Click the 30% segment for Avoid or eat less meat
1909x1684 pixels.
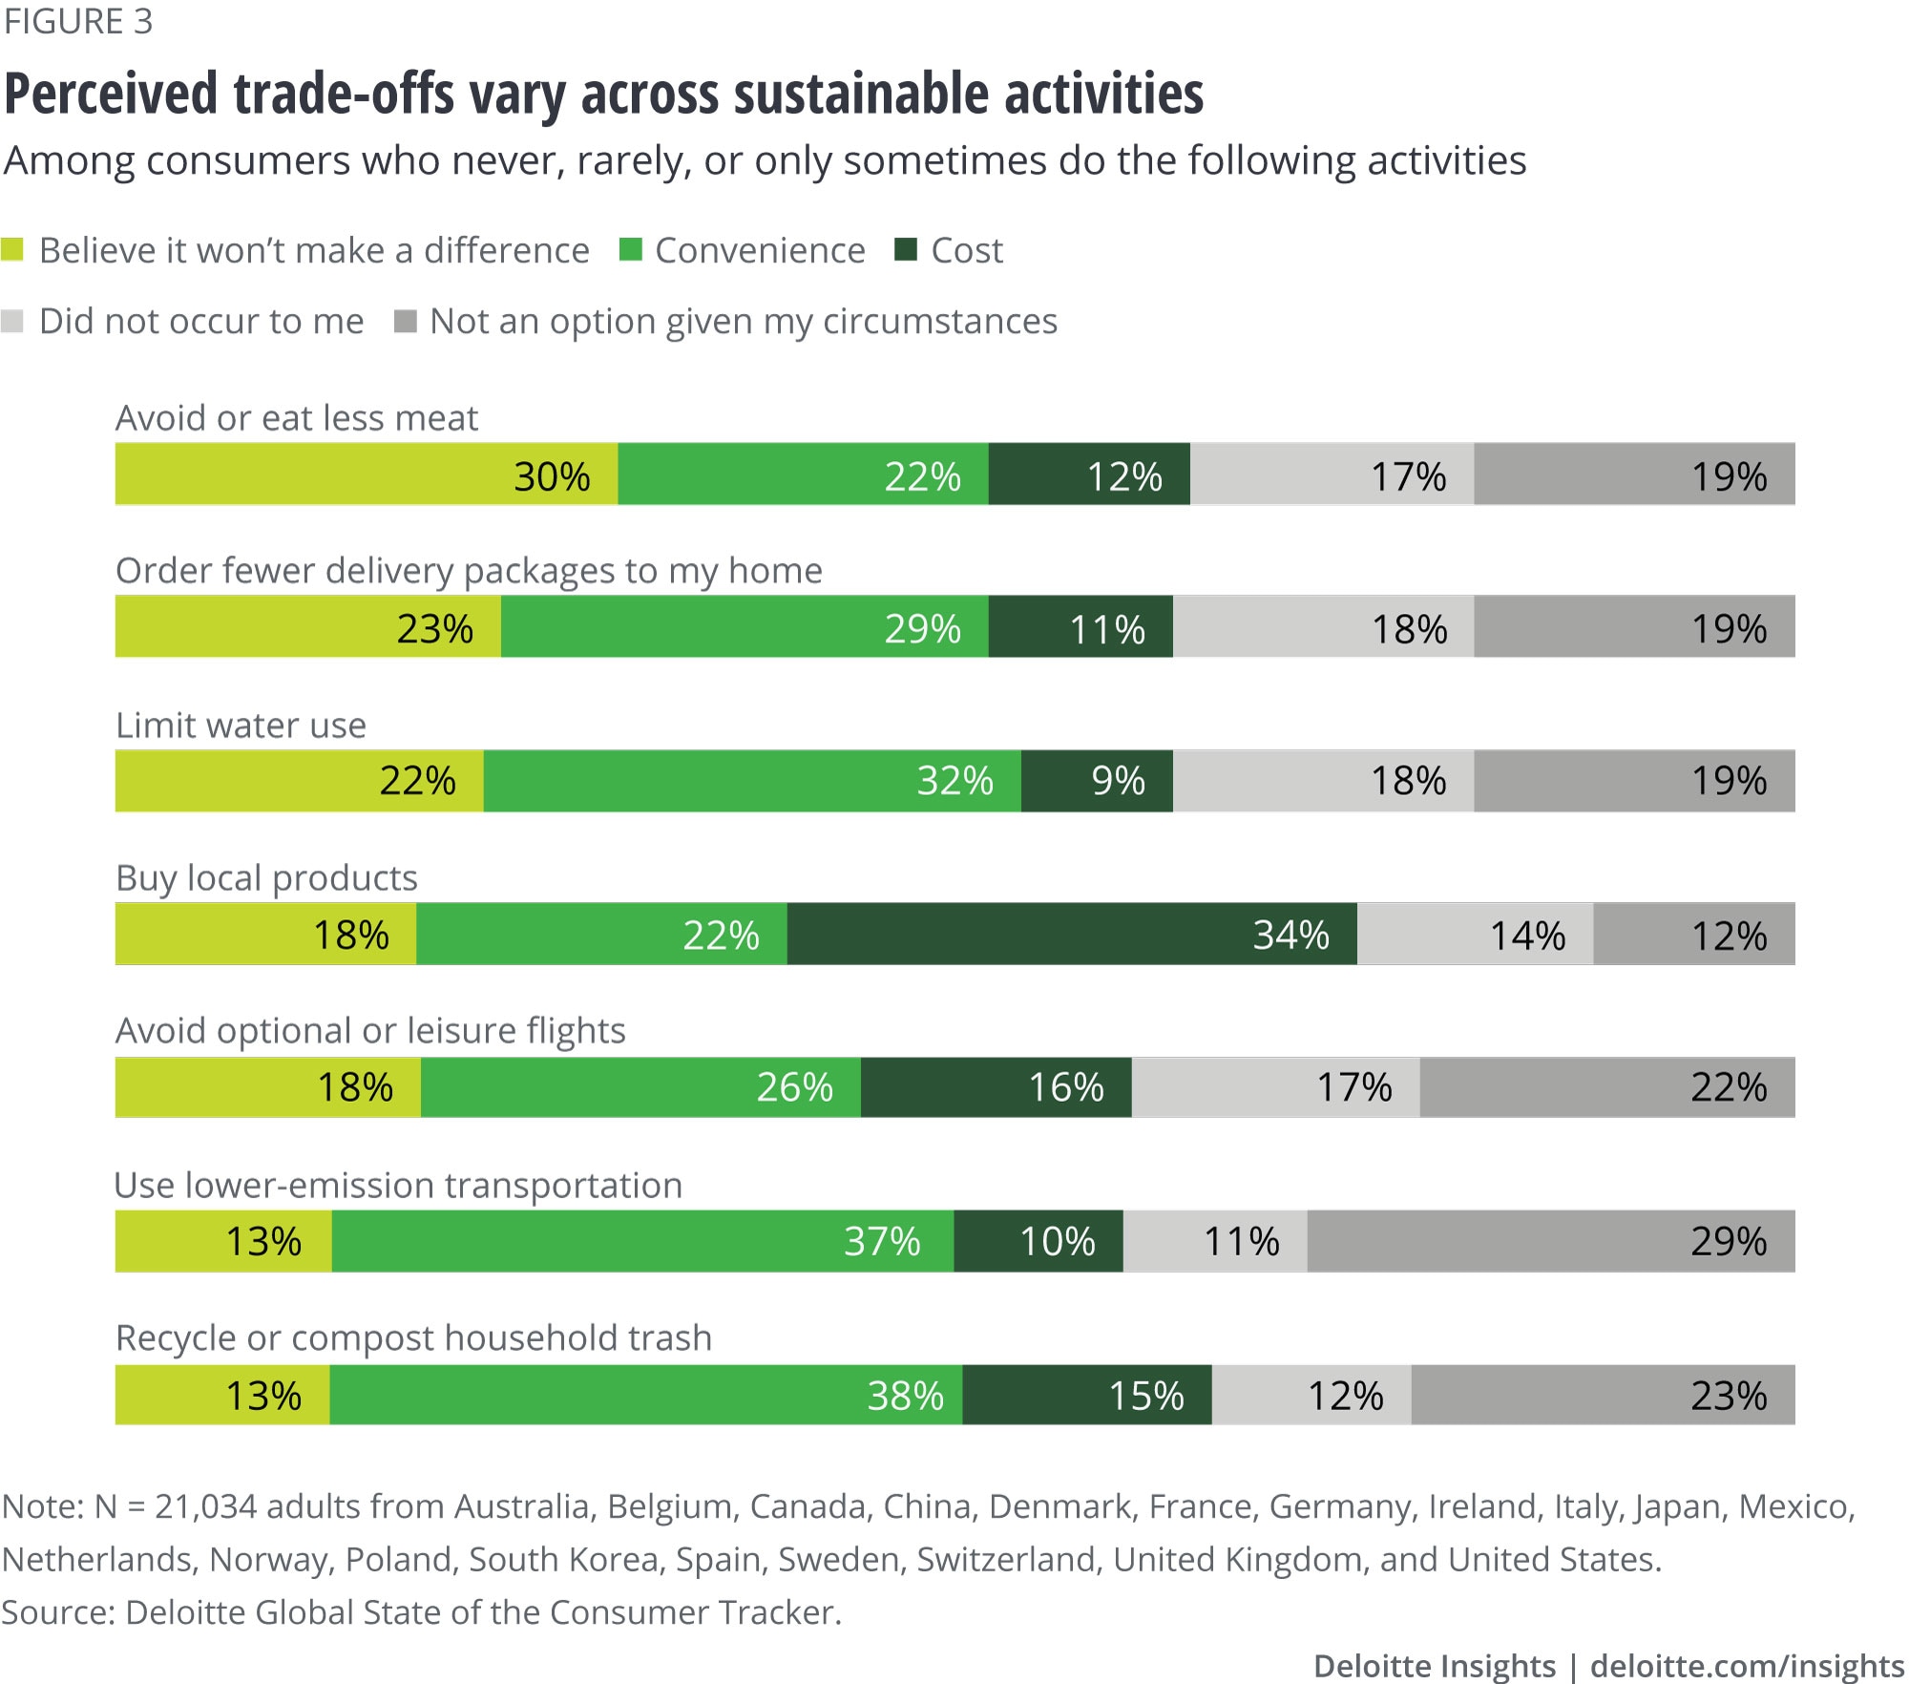[x=367, y=474]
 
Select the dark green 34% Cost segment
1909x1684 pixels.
[x=1072, y=935]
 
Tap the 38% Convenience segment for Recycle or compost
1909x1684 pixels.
[x=646, y=1395]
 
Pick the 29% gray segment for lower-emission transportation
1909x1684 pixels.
[x=1551, y=1241]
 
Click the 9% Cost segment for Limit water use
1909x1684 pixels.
[x=1097, y=781]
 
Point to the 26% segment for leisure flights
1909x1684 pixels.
[x=640, y=1087]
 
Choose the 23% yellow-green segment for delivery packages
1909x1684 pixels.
[x=308, y=627]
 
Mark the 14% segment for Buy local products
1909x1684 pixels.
[x=1475, y=935]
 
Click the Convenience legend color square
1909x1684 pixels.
[x=630, y=250]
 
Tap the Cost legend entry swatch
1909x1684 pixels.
[x=906, y=250]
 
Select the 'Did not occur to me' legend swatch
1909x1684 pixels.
[x=12, y=321]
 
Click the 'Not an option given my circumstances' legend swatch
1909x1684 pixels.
[x=406, y=321]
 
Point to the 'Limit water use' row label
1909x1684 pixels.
[x=241, y=726]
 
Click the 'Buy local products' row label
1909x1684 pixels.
[x=266, y=877]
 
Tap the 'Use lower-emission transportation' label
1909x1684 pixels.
[x=398, y=1185]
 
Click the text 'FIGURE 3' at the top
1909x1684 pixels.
[x=78, y=22]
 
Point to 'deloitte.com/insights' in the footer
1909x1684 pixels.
[x=1747, y=1666]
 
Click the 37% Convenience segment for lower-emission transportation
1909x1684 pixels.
[x=642, y=1241]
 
